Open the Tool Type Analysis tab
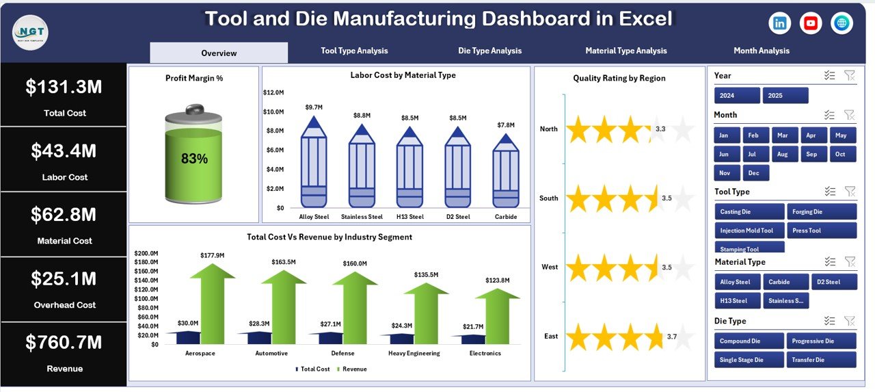pos(354,51)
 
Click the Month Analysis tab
pos(761,51)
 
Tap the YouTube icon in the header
pos(811,23)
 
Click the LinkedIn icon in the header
pos(779,23)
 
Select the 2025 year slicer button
pos(785,96)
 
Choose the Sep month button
pos(811,155)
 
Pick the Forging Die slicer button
pos(821,212)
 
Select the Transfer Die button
pos(821,360)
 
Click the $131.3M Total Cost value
pos(64,87)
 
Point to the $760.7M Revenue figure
pos(64,342)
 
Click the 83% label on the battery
pos(194,159)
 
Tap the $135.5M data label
pos(427,275)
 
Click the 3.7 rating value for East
pos(671,337)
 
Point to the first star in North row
pos(578,129)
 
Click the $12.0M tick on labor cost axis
pos(273,92)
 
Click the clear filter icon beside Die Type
pos(849,321)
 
